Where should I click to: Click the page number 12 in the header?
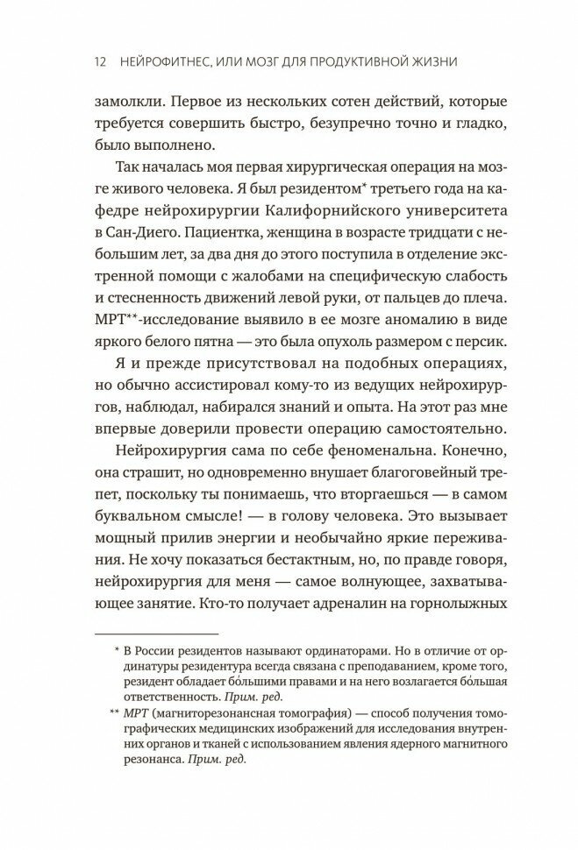coord(99,62)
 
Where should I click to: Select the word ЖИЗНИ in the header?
coord(455,62)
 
